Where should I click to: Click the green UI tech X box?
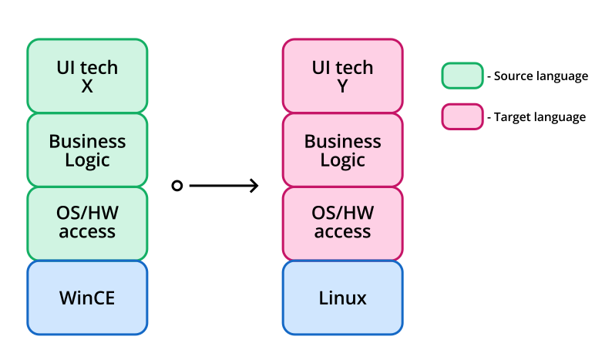[87, 76]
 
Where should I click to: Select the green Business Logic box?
[87, 150]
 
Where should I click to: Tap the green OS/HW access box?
[87, 224]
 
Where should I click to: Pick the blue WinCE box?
[87, 298]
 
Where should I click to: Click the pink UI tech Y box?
[342, 76]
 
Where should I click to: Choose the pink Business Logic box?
[342, 150]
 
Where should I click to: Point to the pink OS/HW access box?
[342, 224]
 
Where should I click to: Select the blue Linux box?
[342, 298]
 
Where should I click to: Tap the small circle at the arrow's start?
[177, 186]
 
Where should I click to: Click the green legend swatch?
[462, 76]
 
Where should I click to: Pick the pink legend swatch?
[462, 116]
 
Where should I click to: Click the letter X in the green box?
[87, 86]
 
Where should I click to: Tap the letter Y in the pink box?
[342, 86]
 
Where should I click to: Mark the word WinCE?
[87, 298]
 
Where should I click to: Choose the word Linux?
[342, 298]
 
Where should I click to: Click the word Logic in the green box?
[87, 160]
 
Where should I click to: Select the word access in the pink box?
[342, 232]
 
